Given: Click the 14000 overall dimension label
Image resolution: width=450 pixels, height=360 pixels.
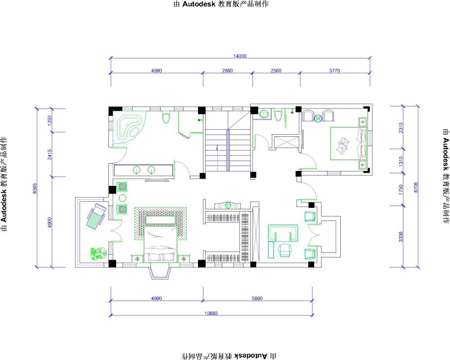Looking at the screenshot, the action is [x=240, y=56].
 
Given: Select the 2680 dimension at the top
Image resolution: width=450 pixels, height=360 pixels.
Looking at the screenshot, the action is [x=227, y=70].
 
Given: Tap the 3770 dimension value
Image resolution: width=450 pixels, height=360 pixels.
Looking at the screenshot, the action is [x=334, y=70].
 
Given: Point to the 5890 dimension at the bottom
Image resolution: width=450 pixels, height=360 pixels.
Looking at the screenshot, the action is [x=257, y=298].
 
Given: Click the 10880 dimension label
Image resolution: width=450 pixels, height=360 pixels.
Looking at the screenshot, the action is [x=211, y=313].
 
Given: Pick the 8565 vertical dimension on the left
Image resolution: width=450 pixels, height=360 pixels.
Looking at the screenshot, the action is [x=35, y=189].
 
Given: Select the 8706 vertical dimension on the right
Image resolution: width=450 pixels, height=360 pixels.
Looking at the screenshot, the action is [x=416, y=187].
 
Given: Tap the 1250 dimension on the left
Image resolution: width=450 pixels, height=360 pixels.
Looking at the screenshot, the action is [x=49, y=121].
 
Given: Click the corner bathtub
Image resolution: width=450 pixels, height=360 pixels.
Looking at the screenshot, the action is [x=129, y=128].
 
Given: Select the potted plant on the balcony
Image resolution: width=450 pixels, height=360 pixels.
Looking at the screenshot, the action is [x=98, y=253].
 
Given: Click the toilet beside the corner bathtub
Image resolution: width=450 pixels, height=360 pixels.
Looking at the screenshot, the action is [x=166, y=117].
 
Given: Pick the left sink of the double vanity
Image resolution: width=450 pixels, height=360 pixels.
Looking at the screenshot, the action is [x=137, y=170].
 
